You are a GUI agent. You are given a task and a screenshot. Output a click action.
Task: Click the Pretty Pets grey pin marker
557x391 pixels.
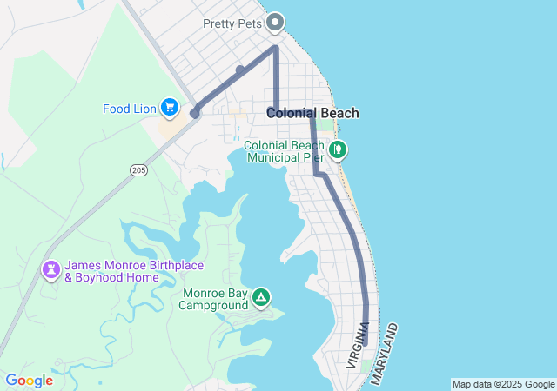click(276, 22)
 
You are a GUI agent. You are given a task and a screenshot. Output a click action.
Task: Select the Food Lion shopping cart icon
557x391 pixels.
click(170, 108)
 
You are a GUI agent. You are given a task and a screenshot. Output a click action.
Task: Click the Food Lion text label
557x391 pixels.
click(130, 109)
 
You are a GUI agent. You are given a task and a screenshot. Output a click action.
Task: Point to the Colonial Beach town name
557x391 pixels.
click(312, 113)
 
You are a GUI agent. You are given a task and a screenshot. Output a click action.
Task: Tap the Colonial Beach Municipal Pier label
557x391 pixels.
click(285, 151)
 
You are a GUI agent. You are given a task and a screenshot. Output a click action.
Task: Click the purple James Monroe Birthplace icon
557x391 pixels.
click(51, 270)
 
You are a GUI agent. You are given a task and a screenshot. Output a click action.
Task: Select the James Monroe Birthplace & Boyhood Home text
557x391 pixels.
click(111, 271)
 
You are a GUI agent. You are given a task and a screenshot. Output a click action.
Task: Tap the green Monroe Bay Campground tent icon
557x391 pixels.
click(260, 298)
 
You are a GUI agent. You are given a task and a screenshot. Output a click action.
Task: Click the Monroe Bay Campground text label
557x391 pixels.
click(215, 299)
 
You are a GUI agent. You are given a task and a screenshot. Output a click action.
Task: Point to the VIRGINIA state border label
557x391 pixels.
click(357, 347)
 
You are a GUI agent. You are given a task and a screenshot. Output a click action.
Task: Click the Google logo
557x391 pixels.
click(29, 381)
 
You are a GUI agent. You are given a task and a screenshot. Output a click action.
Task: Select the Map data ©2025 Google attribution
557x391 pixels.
click(503, 384)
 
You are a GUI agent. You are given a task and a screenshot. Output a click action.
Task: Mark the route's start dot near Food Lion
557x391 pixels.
click(196, 113)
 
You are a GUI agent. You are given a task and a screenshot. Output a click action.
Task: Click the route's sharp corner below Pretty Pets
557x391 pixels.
click(276, 47)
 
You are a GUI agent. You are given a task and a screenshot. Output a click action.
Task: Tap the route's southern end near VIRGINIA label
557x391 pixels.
click(366, 342)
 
